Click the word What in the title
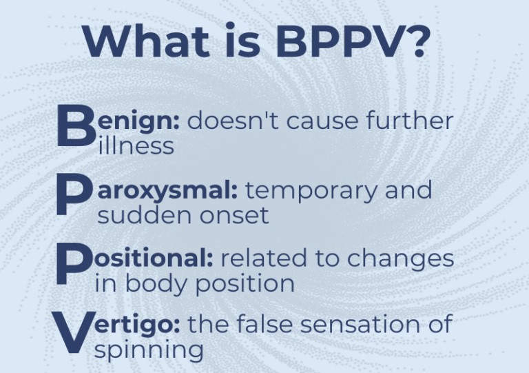[x=146, y=41]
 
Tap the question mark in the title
[x=417, y=41]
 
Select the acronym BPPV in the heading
[x=339, y=41]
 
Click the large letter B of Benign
[x=76, y=125]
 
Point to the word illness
[x=136, y=145]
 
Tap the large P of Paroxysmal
[x=74, y=196]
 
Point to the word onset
[x=234, y=216]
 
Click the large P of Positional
[x=74, y=264]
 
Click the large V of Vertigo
[x=73, y=332]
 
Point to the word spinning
[x=149, y=351]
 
